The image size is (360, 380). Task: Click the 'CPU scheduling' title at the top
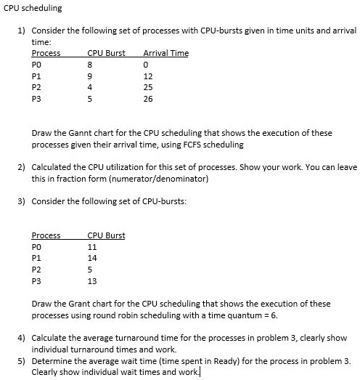tap(33, 8)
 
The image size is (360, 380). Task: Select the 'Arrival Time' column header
tap(166, 53)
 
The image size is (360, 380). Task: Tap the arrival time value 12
tap(148, 76)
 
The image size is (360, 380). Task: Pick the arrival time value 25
tap(148, 89)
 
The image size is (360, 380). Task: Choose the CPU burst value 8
tap(89, 65)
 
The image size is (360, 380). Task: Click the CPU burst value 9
tap(89, 76)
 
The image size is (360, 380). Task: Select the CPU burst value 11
tap(91, 247)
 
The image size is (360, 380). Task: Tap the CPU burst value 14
tap(91, 258)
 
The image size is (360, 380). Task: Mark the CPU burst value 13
tap(91, 281)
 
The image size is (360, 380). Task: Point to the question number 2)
tap(22, 167)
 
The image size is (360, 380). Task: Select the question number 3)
tap(22, 201)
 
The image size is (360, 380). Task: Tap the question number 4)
tap(22, 339)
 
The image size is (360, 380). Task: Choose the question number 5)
tap(22, 361)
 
